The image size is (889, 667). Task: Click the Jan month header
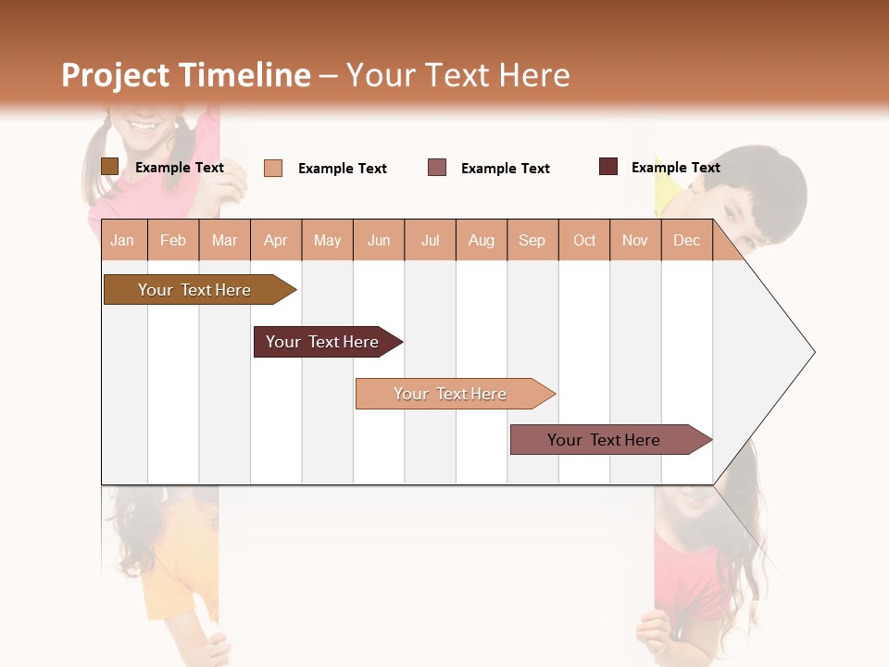pos(123,240)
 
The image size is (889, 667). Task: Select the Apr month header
pos(276,240)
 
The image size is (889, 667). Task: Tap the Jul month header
pos(431,240)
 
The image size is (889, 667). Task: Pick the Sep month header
pos(532,240)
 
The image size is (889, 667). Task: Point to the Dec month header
pos(686,240)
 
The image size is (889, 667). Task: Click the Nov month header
pos(635,240)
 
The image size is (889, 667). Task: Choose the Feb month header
pos(173,240)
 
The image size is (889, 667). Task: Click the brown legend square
pos(109,167)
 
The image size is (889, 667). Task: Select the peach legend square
pos(273,168)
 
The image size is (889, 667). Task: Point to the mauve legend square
pos(437,168)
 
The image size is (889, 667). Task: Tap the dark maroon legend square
pos(608,167)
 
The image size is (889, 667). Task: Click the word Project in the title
pos(116,75)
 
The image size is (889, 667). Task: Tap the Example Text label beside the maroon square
pos(675,168)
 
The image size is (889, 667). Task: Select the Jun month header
pos(379,240)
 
